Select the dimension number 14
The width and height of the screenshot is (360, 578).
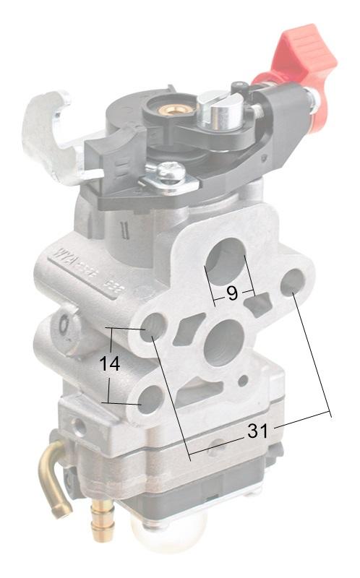(x=110, y=365)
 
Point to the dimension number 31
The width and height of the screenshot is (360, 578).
(x=257, y=431)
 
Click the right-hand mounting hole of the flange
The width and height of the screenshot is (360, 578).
(x=293, y=282)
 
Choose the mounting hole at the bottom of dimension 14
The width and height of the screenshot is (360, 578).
(x=150, y=399)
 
